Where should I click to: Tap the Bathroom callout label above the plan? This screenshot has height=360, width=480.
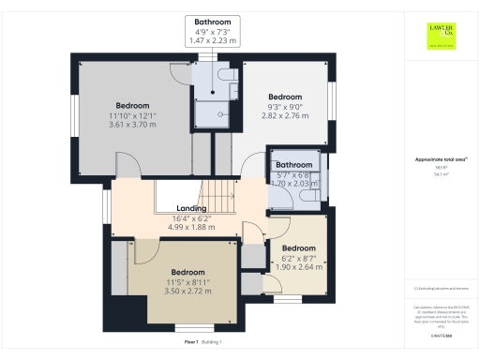pos(212,22)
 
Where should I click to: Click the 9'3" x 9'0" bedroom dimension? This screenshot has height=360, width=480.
pos(285,107)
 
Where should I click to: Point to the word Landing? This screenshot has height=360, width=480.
pos(191,208)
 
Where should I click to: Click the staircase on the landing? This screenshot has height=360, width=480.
pos(219,196)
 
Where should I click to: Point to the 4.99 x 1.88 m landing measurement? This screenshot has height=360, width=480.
pos(191,226)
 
